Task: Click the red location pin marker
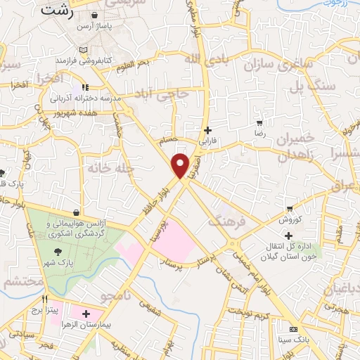tap(181, 164)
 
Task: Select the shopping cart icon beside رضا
tap(259, 123)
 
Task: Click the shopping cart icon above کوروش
tap(289, 208)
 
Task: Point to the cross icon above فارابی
tap(207, 130)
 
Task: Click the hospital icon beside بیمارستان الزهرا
tap(86, 313)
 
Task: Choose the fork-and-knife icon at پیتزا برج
tap(45, 298)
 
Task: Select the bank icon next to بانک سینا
tap(293, 330)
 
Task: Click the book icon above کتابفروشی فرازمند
tap(84, 50)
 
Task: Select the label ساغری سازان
tap(276, 67)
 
